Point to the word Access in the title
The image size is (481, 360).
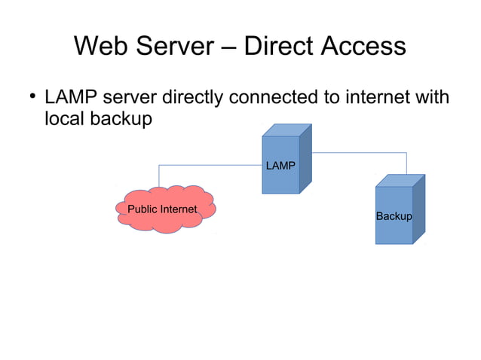click(x=364, y=47)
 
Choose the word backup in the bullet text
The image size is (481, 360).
click(x=120, y=120)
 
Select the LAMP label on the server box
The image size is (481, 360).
click(x=280, y=165)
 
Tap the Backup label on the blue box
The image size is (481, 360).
click(x=394, y=216)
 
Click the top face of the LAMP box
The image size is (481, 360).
click(x=286, y=130)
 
